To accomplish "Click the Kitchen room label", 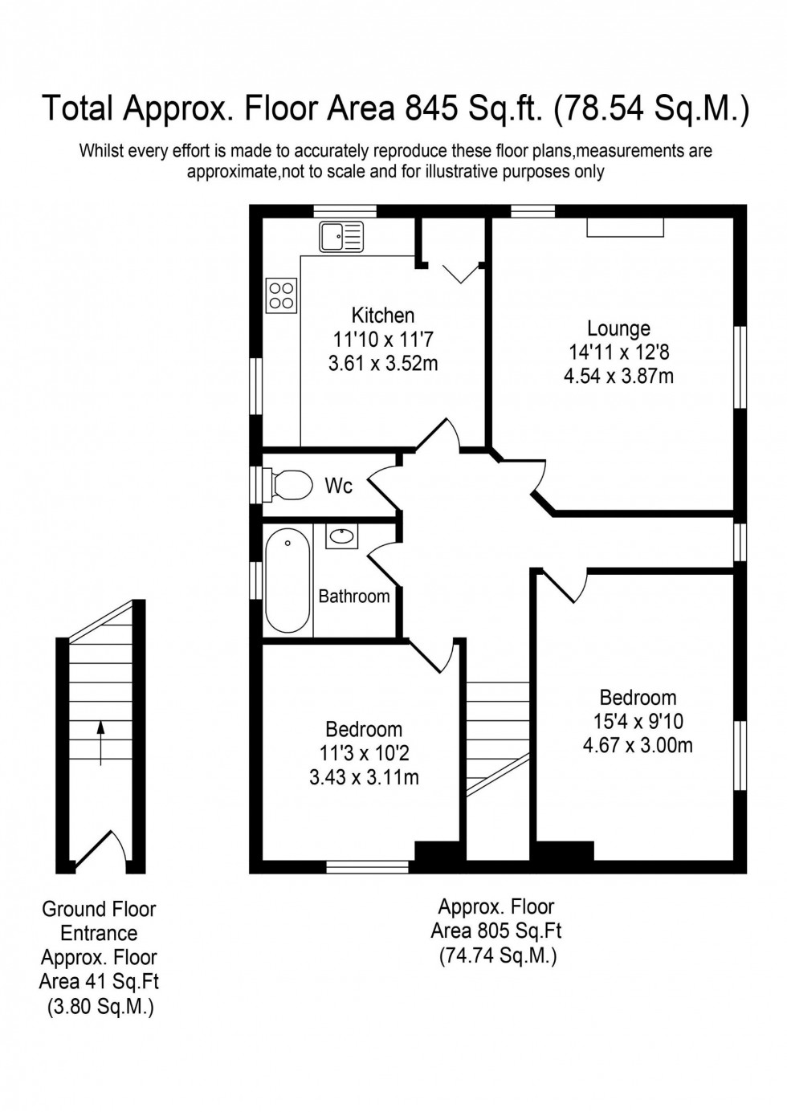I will tap(383, 316).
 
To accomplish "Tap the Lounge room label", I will tap(618, 328).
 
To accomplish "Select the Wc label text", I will tap(338, 486).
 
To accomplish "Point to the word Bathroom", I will tap(354, 596).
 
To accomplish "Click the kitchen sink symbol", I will tap(341, 237).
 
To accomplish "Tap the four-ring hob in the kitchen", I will tap(281, 295).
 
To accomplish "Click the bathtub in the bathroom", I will tap(287, 580).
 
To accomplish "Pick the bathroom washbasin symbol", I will tap(343, 536).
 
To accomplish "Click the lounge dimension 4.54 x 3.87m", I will tap(618, 376).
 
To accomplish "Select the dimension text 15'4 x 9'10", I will tap(638, 721).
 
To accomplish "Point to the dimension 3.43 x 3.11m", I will tap(364, 777).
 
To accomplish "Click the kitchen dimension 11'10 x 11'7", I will tap(383, 340).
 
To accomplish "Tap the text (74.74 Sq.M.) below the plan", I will tap(496, 955).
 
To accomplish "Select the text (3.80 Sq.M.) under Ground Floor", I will tap(99, 1006).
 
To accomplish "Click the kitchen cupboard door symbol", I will tap(459, 273).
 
